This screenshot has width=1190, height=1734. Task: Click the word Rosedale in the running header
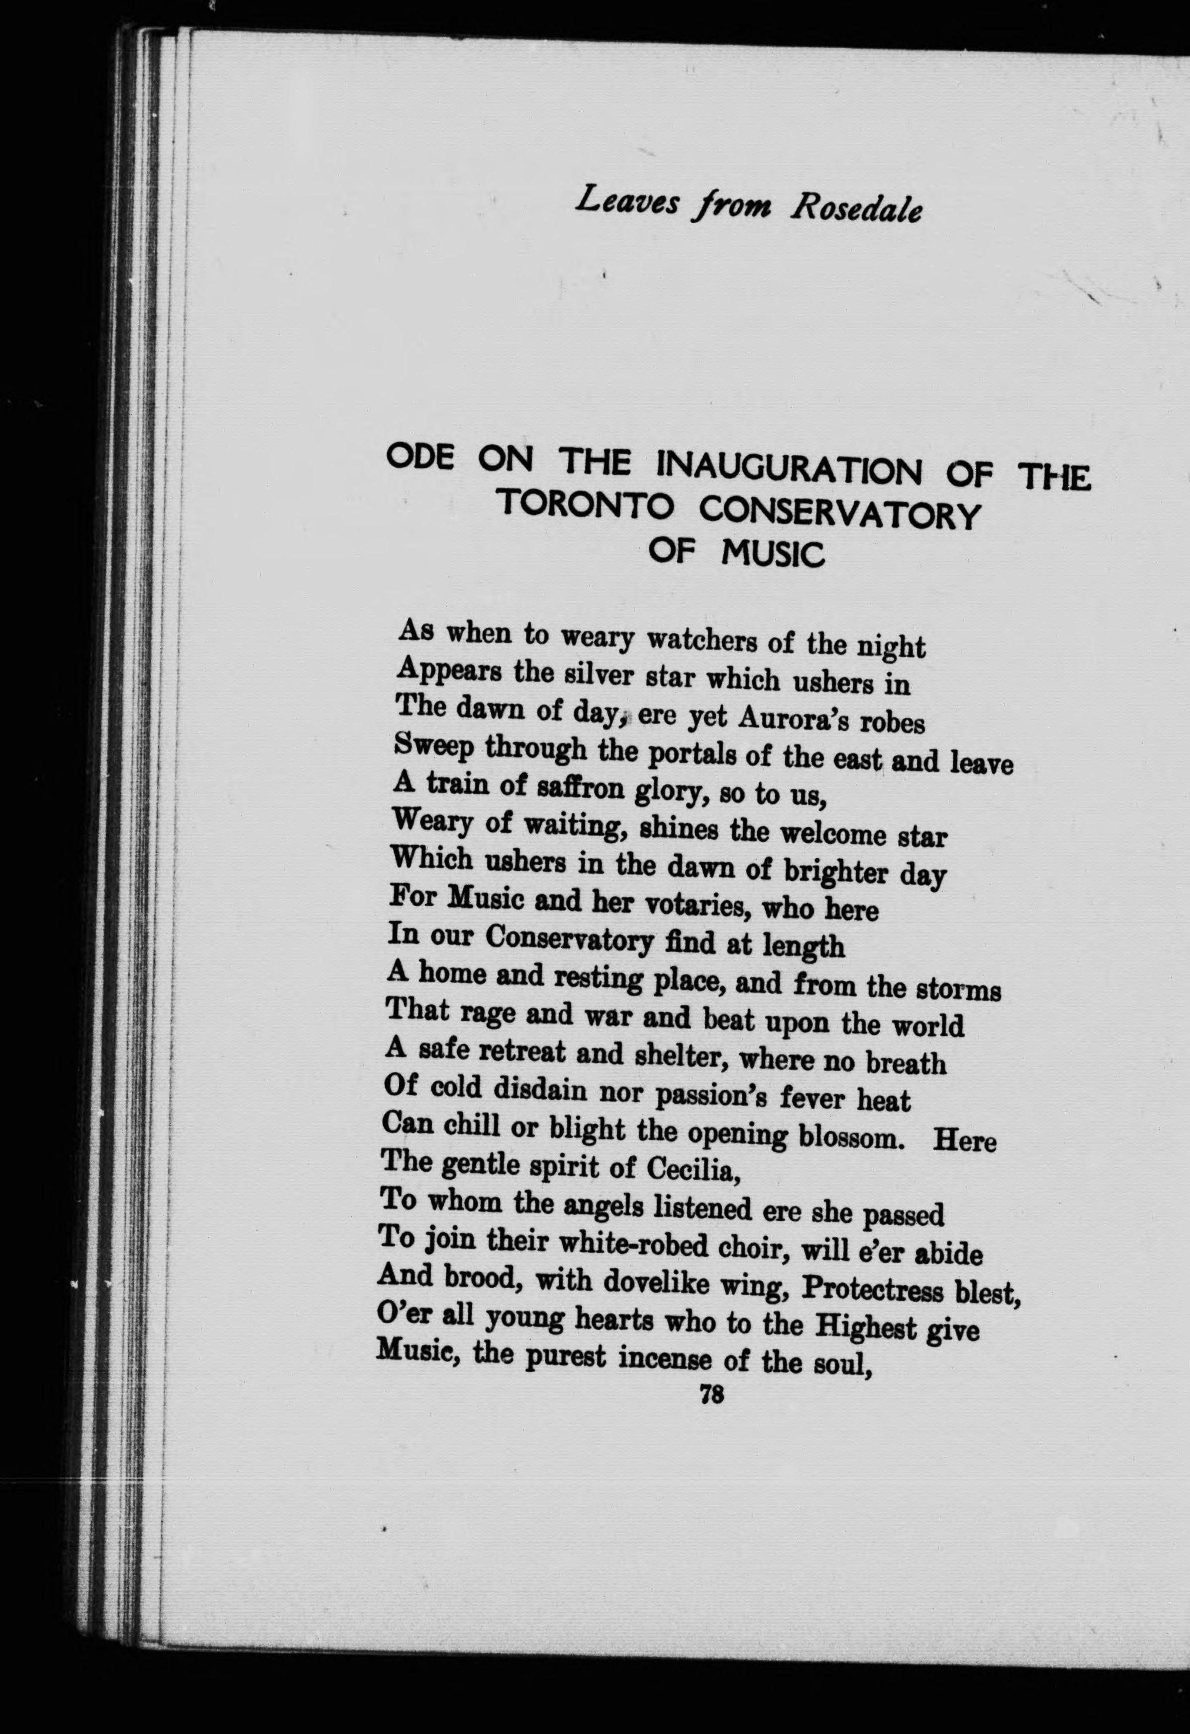point(856,209)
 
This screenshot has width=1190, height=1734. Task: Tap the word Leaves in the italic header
point(627,201)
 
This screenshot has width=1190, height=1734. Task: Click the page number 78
point(711,1394)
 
